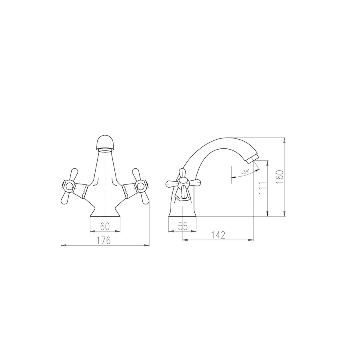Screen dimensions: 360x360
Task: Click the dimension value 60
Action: [x=105, y=227]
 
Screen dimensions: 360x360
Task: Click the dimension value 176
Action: [x=103, y=240]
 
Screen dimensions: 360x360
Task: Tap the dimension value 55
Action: [x=183, y=227]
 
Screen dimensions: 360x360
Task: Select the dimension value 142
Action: [x=218, y=235]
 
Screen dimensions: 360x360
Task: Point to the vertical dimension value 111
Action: [x=263, y=188]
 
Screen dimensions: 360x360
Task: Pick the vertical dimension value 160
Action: [x=280, y=177]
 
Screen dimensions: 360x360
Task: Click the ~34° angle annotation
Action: [x=245, y=172]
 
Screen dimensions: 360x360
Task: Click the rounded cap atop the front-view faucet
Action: [x=105, y=142]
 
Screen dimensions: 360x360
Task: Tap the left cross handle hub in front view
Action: [x=68, y=186]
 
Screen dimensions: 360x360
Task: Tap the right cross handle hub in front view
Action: [x=140, y=186]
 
